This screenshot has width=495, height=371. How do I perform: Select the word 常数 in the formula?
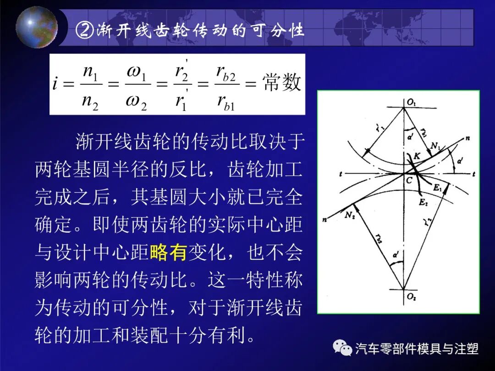click(x=282, y=83)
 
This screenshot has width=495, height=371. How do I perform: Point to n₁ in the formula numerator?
click(x=90, y=73)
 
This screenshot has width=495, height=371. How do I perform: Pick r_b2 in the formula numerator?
click(x=226, y=73)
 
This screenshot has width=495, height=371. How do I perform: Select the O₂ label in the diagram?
click(x=411, y=297)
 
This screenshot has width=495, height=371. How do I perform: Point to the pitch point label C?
click(x=409, y=181)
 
